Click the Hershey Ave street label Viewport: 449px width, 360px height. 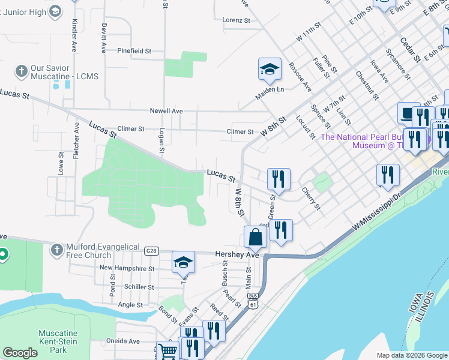[237, 255]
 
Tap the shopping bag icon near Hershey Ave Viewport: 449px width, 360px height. [255, 236]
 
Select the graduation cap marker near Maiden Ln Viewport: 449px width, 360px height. [270, 69]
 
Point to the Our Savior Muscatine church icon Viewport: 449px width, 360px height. [21, 71]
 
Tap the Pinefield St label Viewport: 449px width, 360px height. [134, 51]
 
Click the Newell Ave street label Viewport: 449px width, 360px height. [166, 111]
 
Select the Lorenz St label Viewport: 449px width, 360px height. [236, 20]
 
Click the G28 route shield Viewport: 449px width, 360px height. [150, 248]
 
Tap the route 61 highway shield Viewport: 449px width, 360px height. [254, 305]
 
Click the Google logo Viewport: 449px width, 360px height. [20, 353]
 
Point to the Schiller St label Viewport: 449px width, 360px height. [139, 287]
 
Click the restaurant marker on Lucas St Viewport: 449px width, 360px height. [279, 179]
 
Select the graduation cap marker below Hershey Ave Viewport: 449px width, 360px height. [183, 262]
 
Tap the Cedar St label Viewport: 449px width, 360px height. [410, 50]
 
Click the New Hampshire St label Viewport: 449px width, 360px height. [127, 268]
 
